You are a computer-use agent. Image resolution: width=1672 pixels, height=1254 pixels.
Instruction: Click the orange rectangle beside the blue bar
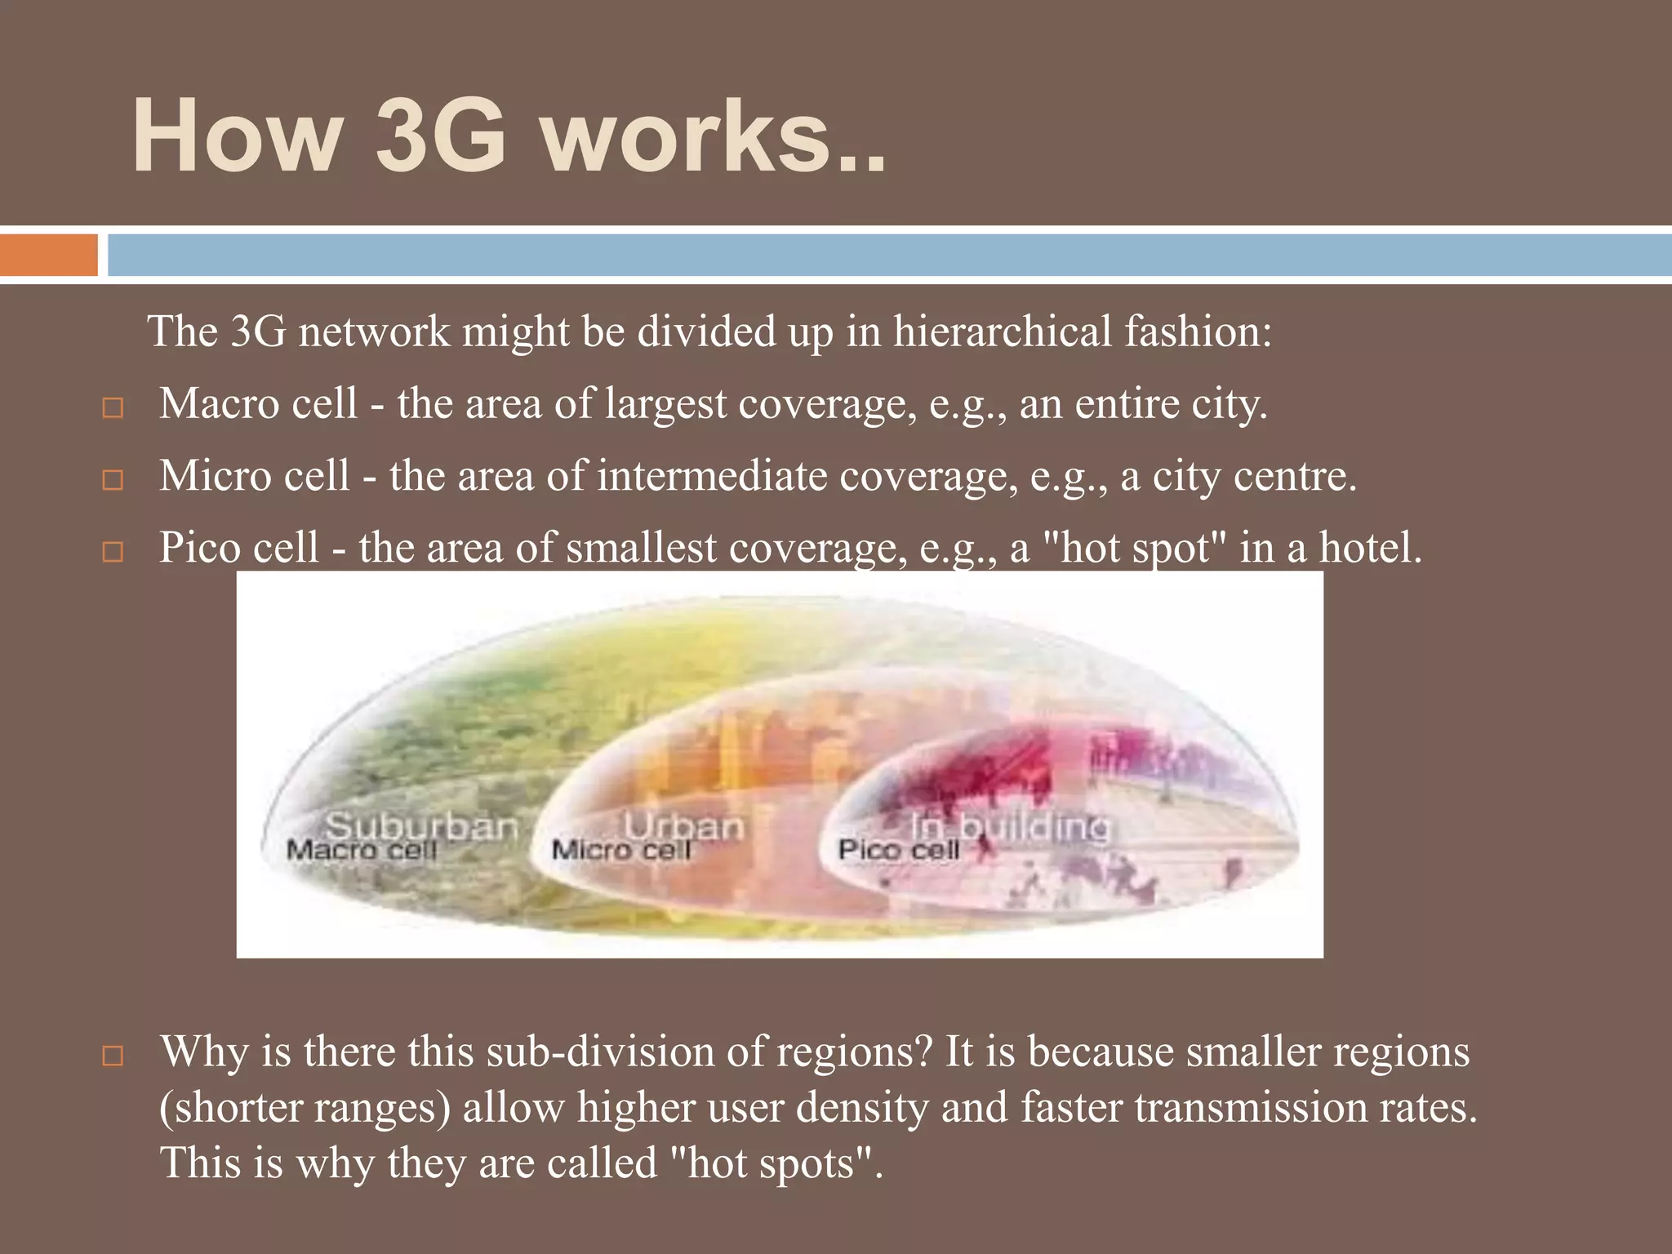[x=48, y=256]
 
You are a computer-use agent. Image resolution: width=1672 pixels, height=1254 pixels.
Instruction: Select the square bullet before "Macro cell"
[x=113, y=407]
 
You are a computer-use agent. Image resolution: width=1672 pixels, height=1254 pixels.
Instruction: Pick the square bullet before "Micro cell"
[x=113, y=479]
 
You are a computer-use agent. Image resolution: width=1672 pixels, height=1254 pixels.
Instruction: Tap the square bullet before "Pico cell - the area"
[x=113, y=552]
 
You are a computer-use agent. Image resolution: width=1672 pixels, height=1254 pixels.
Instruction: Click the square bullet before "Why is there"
[x=113, y=1056]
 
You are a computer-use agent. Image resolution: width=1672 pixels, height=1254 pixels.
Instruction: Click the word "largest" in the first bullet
[x=665, y=404]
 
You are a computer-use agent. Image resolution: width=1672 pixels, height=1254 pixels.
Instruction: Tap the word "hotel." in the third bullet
[x=1371, y=548]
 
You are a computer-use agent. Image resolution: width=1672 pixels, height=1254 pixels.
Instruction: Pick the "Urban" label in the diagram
[x=683, y=826]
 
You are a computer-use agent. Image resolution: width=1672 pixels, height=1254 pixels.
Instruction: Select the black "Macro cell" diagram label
[x=362, y=851]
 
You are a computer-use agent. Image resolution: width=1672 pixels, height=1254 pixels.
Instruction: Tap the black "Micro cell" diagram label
[x=620, y=851]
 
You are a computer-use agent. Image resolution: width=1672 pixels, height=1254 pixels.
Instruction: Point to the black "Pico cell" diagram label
[x=898, y=851]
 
